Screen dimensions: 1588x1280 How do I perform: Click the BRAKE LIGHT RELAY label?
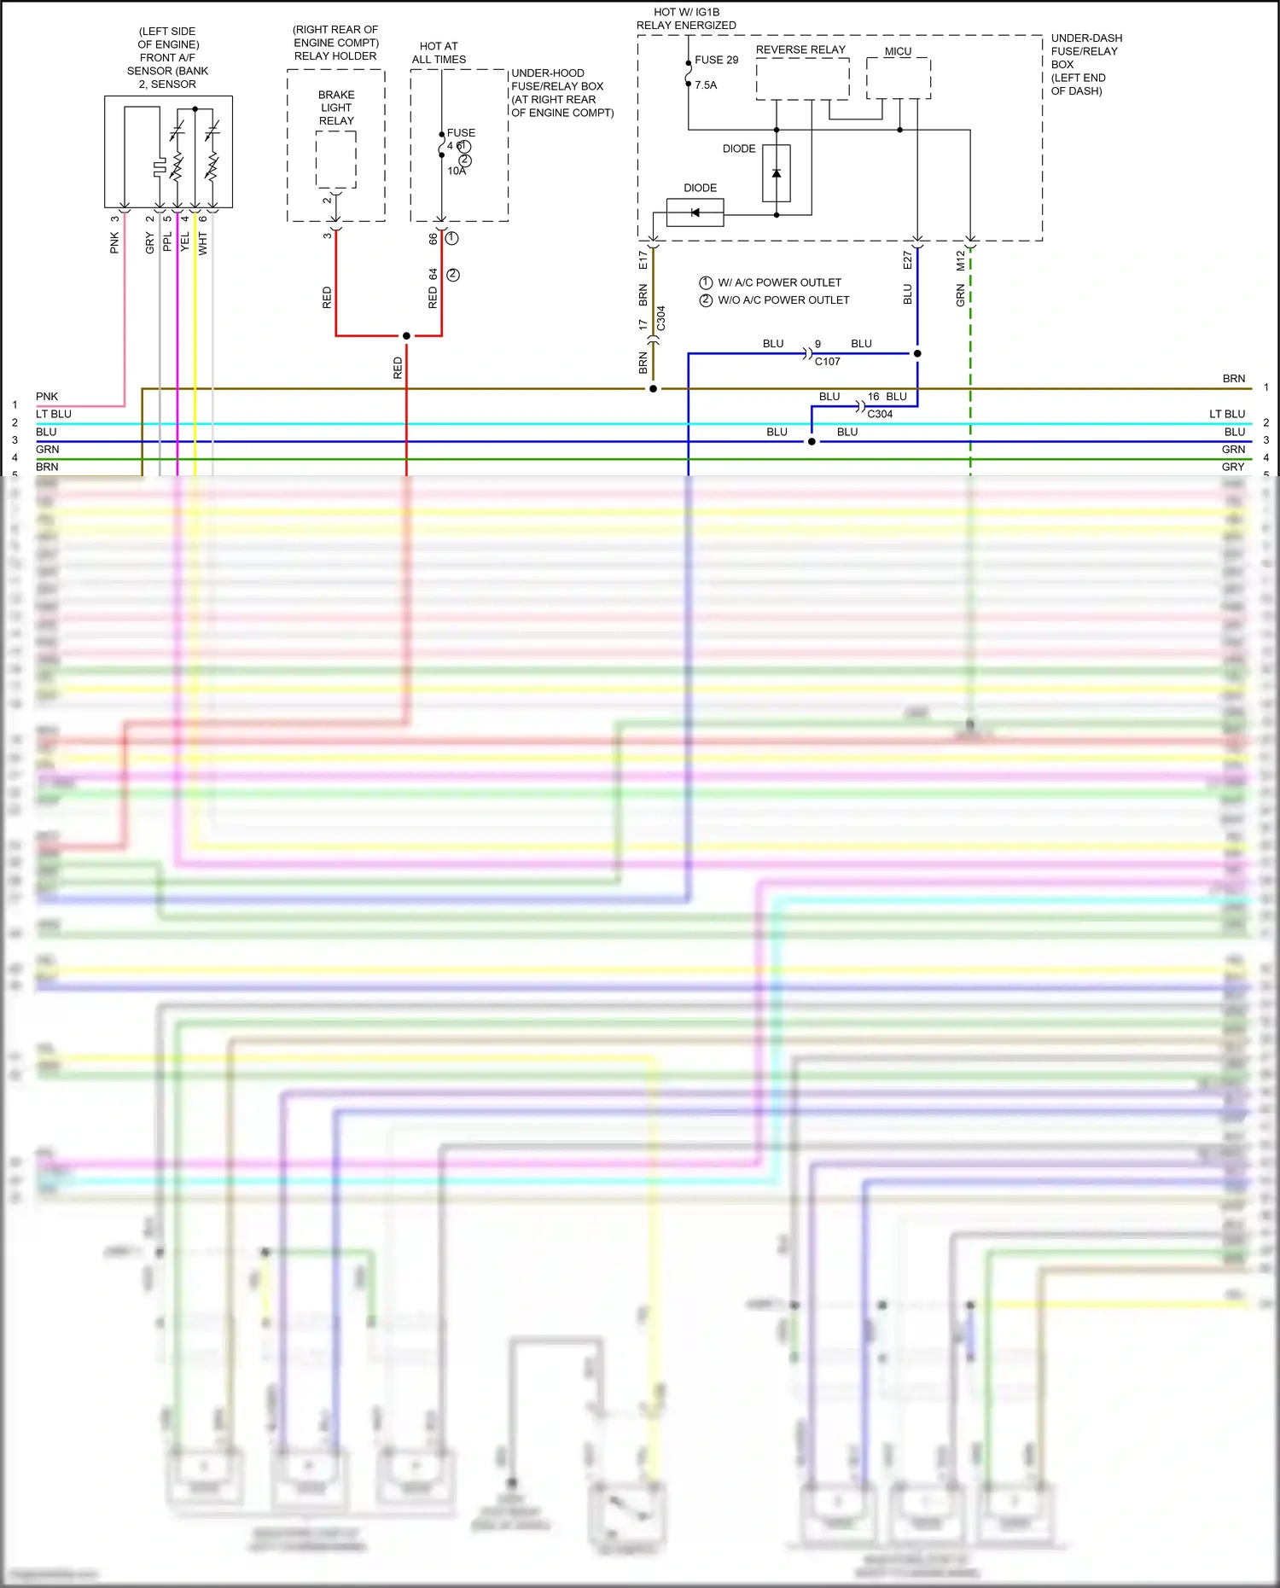click(336, 108)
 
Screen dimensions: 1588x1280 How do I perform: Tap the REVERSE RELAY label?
click(800, 49)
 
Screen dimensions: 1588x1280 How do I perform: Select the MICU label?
click(898, 51)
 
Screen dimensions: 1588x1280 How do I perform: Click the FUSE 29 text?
click(716, 60)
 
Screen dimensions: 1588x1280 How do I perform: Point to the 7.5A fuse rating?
click(706, 85)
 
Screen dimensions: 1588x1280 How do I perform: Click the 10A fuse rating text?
click(457, 172)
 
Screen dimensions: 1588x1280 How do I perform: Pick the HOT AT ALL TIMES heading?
click(439, 53)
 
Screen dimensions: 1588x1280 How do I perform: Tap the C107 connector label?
click(827, 362)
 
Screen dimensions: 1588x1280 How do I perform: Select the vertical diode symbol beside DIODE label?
click(777, 173)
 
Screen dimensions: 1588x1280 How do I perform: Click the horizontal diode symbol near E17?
click(695, 212)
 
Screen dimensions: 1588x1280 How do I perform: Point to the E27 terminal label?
click(907, 260)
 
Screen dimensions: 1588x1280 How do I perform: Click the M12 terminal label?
click(960, 260)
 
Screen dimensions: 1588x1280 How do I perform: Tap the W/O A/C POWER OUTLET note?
click(783, 300)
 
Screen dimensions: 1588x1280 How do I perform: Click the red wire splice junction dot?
click(406, 336)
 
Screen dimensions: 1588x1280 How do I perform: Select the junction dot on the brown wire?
click(653, 389)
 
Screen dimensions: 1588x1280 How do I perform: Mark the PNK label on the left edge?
click(47, 397)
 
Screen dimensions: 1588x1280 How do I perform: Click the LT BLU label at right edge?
click(1226, 414)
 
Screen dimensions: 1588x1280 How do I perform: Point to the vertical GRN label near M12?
click(960, 297)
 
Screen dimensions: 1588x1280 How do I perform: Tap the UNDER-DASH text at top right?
click(1086, 38)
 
